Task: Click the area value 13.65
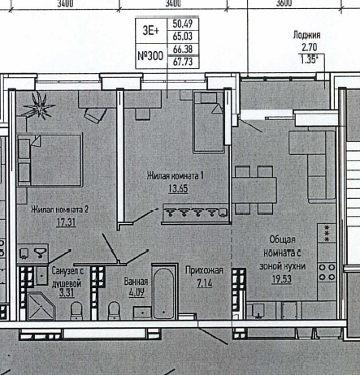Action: [x=178, y=188]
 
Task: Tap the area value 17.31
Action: [x=66, y=222]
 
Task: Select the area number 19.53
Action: [x=282, y=279]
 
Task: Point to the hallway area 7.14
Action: [x=205, y=283]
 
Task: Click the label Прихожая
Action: [x=204, y=270]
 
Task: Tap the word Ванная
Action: [x=136, y=282]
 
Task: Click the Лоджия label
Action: [x=306, y=35]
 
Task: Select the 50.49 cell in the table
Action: [x=183, y=24]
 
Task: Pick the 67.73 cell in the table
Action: [x=183, y=62]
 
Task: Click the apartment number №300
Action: [x=150, y=56]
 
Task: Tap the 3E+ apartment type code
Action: [x=151, y=31]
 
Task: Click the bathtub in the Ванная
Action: [x=164, y=291]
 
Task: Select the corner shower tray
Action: [x=41, y=306]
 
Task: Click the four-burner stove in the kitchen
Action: [x=327, y=272]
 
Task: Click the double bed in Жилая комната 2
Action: [x=50, y=161]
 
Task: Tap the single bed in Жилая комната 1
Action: [x=209, y=122]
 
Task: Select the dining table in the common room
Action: [x=254, y=190]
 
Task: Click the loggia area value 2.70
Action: [x=309, y=47]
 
